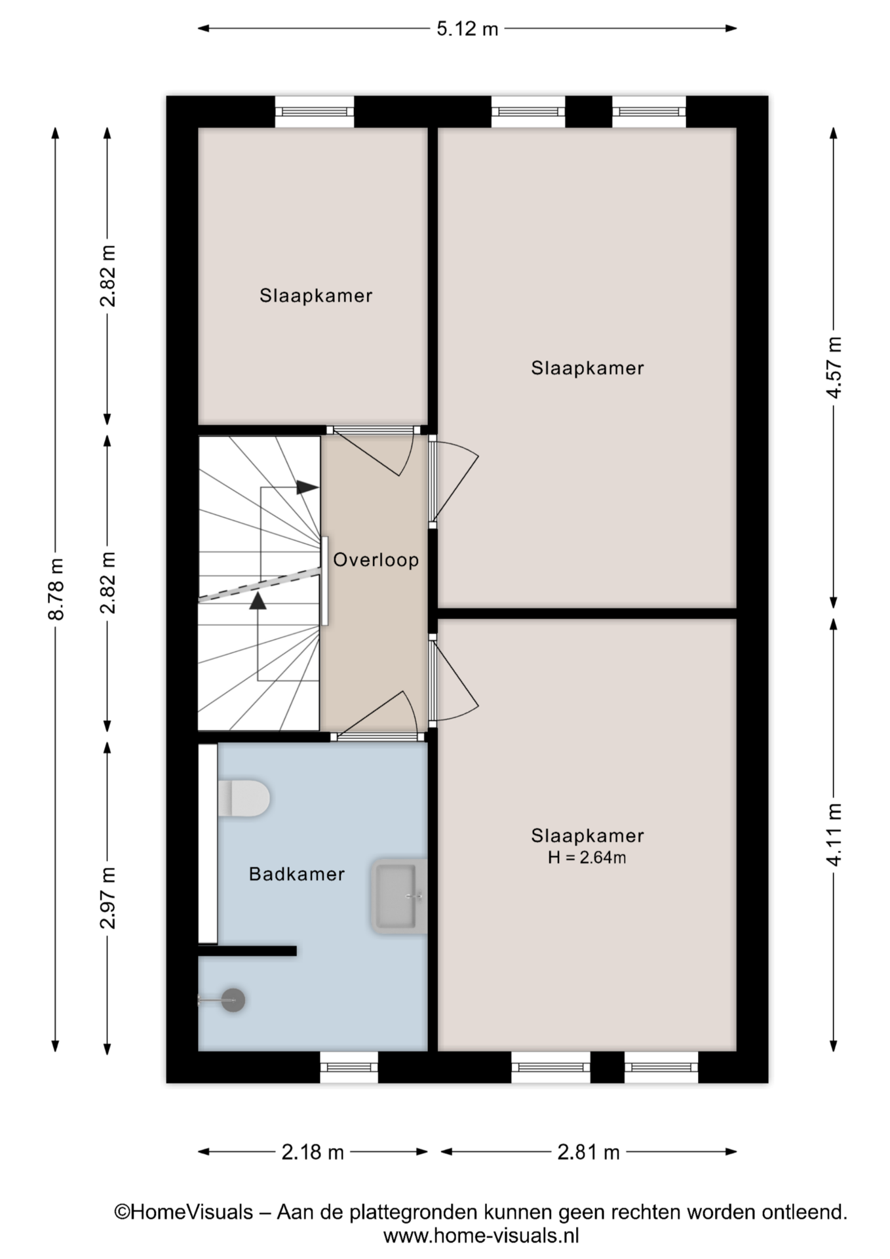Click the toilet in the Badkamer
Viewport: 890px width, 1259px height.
point(243,798)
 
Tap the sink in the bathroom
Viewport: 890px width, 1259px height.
point(398,896)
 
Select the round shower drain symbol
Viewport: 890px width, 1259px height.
point(233,1000)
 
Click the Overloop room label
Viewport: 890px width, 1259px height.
point(376,560)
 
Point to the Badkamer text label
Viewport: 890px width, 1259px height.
point(297,874)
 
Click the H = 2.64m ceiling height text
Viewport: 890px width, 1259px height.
point(587,857)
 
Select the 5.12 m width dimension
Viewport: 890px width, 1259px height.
point(467,29)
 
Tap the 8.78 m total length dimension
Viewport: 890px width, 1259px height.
point(56,589)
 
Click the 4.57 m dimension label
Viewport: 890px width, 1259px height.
point(834,367)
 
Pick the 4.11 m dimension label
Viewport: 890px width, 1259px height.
point(834,835)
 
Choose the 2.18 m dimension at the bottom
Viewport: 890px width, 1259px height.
point(313,1151)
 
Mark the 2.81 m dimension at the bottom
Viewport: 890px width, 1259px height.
point(589,1151)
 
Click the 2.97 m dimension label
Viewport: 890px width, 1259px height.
point(108,898)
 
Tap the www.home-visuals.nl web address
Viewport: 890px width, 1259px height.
point(481,1236)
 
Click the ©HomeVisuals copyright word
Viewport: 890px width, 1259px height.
point(184,1212)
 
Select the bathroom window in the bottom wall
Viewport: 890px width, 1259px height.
point(349,1067)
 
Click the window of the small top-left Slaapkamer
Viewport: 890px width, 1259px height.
point(315,111)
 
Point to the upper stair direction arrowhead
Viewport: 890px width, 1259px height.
point(307,488)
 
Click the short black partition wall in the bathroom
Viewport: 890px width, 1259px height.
point(247,950)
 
